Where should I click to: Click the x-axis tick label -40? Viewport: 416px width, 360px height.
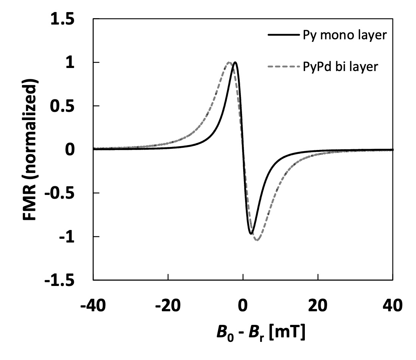(93, 304)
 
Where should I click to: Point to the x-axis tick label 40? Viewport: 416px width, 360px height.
(393, 304)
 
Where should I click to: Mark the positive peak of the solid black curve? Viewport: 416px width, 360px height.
(235, 62)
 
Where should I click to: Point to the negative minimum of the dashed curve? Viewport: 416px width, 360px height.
(257, 240)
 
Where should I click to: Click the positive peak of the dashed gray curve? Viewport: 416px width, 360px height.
(229, 62)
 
